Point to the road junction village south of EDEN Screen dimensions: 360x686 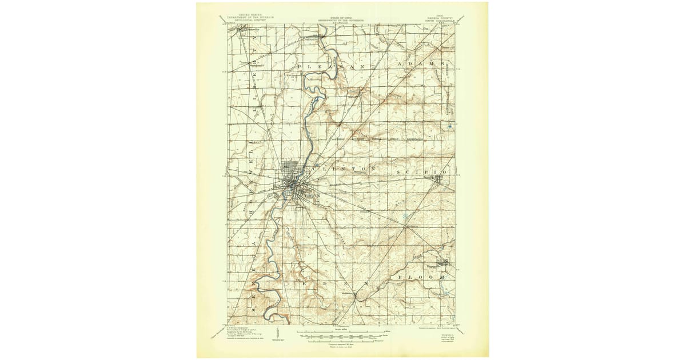click(x=355, y=295)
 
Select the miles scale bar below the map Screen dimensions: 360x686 click(x=341, y=332)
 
